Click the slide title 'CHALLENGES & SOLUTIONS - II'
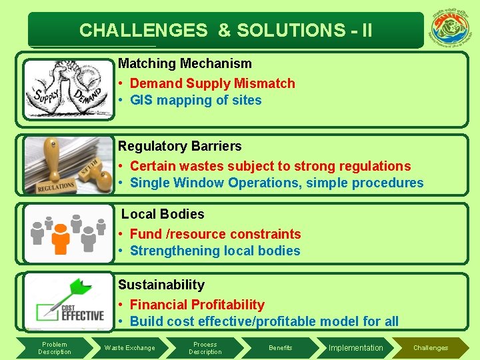tap(225, 30)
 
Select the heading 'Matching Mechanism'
tap(185, 64)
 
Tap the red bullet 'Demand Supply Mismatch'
tap(212, 83)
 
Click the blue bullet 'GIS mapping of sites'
tap(195, 101)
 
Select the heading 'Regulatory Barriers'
tap(179, 146)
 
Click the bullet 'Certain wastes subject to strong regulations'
tap(270, 166)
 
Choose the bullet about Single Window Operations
tap(277, 183)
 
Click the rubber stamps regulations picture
tap(68, 165)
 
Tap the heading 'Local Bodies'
tap(163, 214)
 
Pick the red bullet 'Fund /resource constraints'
tap(215, 234)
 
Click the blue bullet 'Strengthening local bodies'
tap(215, 251)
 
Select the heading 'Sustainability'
tap(161, 285)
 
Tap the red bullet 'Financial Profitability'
tap(197, 305)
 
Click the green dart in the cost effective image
tap(75, 291)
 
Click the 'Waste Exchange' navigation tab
tap(129, 347)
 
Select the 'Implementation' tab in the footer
tap(356, 347)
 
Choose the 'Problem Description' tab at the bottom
tap(55, 347)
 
